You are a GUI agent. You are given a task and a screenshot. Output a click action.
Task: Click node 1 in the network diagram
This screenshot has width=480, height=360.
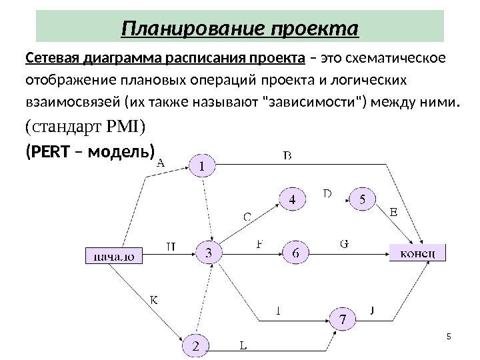203,165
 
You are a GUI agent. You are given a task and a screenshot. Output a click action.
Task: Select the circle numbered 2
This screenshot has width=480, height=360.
195,345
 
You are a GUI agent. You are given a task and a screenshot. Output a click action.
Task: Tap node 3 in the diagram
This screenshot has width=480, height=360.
209,253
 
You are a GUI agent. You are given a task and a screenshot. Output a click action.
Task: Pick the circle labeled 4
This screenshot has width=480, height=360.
292,199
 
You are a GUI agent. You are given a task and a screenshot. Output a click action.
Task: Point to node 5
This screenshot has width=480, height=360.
362,199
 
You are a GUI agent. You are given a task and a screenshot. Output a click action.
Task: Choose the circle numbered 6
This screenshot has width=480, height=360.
295,252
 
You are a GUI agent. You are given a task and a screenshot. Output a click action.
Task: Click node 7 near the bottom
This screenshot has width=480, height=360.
343,319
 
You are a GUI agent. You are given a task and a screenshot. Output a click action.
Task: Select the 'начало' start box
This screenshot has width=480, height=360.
115,255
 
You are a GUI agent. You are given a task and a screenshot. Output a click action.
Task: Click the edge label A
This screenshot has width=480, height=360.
160,161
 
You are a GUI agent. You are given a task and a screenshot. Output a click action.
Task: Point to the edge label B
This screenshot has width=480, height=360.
288,155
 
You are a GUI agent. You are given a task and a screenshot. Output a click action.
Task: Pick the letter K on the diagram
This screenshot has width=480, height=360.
153,301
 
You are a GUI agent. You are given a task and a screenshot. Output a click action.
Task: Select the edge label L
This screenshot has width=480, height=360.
243,345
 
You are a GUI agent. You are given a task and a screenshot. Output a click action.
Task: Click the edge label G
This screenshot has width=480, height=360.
344,244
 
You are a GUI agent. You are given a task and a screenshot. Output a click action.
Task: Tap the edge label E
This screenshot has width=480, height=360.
393,213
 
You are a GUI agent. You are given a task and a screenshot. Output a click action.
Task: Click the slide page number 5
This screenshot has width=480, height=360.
448,335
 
